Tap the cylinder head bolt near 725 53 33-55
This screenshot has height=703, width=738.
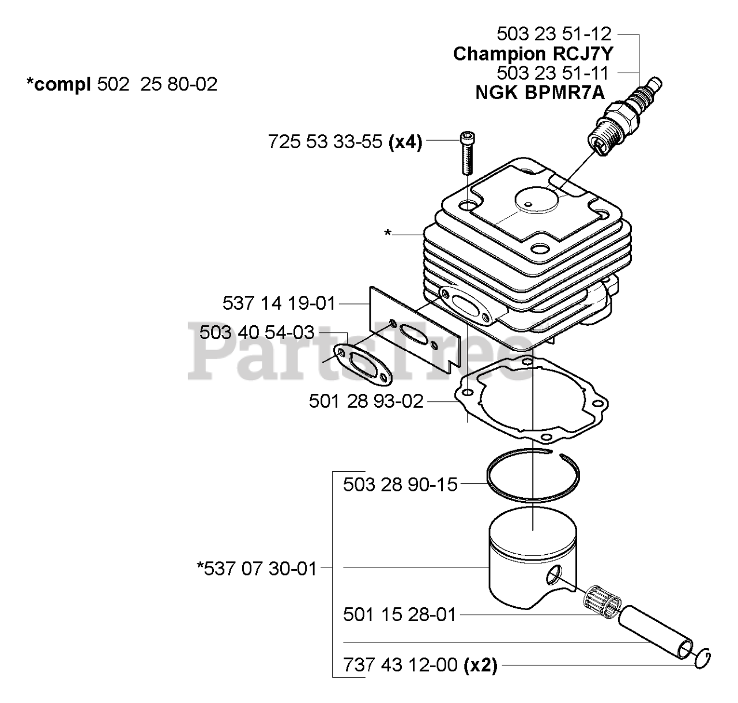[x=466, y=153]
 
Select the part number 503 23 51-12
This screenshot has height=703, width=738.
[x=553, y=34]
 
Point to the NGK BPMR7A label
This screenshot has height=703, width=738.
[x=540, y=92]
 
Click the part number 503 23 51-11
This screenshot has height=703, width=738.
[x=553, y=73]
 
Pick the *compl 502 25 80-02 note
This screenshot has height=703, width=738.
[x=122, y=85]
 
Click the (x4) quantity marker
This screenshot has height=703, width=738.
[x=405, y=141]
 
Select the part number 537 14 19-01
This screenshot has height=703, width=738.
[x=278, y=302]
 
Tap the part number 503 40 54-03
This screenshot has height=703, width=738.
[x=257, y=332]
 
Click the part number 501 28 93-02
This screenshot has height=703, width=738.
[x=366, y=401]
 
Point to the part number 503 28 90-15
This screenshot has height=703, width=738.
[x=400, y=484]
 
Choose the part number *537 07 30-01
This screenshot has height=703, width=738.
[x=257, y=569]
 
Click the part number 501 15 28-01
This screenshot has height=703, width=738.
[x=400, y=615]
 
